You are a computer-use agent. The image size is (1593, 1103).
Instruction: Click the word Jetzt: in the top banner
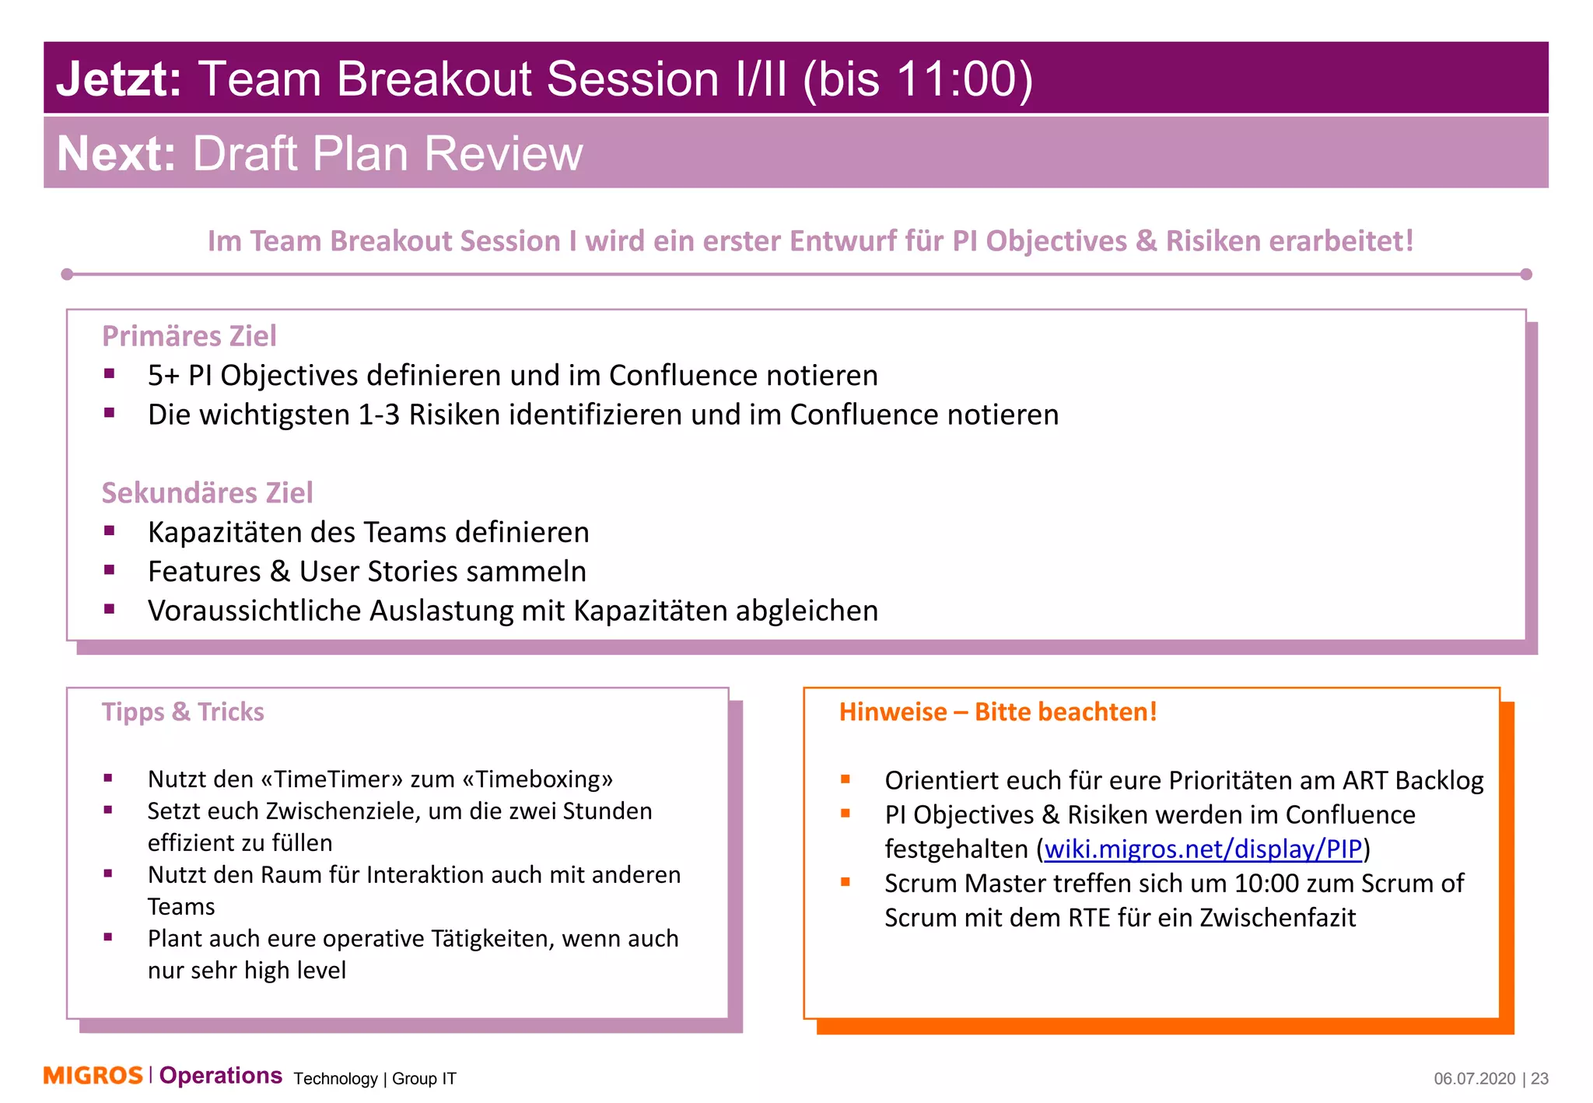coord(119,79)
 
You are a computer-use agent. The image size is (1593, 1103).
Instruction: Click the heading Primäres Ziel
coord(189,336)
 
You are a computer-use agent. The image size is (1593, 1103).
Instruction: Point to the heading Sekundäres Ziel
coord(207,492)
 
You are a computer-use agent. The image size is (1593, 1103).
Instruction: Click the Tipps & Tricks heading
coord(183,712)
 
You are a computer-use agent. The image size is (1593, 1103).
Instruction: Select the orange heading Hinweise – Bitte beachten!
coord(997,712)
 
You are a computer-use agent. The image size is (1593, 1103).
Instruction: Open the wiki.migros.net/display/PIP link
coord(1203,849)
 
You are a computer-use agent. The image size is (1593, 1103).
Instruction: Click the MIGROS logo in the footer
coord(93,1076)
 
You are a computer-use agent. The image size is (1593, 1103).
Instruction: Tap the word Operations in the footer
coord(221,1076)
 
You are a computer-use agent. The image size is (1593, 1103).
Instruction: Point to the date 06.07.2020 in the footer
coord(1474,1079)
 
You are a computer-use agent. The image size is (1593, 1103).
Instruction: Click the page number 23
coord(1540,1079)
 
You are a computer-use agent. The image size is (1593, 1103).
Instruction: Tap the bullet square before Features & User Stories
coord(110,570)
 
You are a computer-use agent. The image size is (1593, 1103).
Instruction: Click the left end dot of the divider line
coord(67,274)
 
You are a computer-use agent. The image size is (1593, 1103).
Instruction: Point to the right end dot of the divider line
coord(1525,274)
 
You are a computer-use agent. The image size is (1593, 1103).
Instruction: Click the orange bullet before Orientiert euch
coord(846,779)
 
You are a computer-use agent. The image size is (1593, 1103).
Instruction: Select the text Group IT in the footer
coord(424,1079)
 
